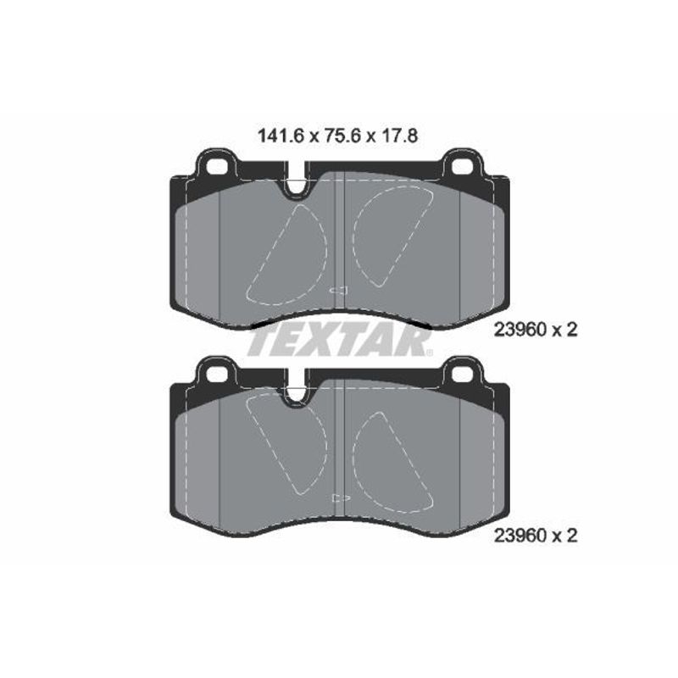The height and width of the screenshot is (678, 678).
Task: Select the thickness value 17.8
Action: pyautogui.click(x=399, y=136)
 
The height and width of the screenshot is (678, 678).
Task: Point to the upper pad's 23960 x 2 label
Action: pyautogui.click(x=536, y=330)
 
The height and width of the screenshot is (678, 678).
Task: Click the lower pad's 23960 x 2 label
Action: pyautogui.click(x=536, y=536)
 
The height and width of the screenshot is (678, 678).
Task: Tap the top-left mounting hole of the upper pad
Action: pyautogui.click(x=216, y=166)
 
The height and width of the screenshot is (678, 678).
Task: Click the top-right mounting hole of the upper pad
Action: pyautogui.click(x=463, y=166)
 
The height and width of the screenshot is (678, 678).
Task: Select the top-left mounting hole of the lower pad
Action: pyautogui.click(x=216, y=374)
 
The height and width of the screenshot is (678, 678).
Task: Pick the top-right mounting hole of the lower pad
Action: pyautogui.click(x=463, y=374)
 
